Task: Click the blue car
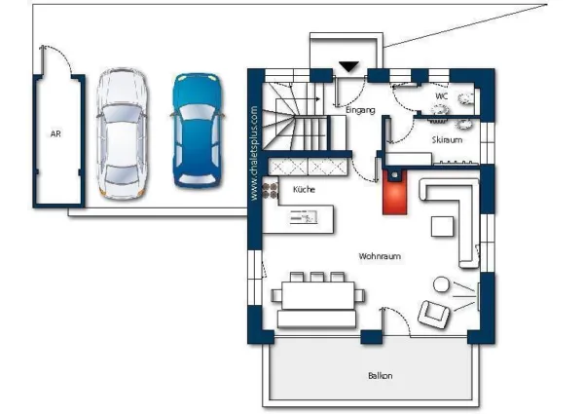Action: pos(197,131)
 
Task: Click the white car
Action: pos(122,133)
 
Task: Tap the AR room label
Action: pos(55,133)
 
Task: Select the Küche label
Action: pos(304,189)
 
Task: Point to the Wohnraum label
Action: pos(380,256)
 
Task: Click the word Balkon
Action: pos(381,376)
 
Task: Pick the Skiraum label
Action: pos(447,139)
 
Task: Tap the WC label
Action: pos(441,96)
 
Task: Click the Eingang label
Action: pos(360,110)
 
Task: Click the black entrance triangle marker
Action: pos(348,66)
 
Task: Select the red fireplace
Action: pos(395,192)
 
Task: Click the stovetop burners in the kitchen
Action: pos(270,190)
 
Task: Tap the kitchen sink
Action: pos(304,216)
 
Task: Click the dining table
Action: pos(317,295)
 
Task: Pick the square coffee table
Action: pos(442,227)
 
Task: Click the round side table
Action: pos(441,284)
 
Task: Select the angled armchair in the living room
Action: pos(433,314)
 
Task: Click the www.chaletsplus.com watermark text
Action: pos(254,153)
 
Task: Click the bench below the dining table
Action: pos(316,320)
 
